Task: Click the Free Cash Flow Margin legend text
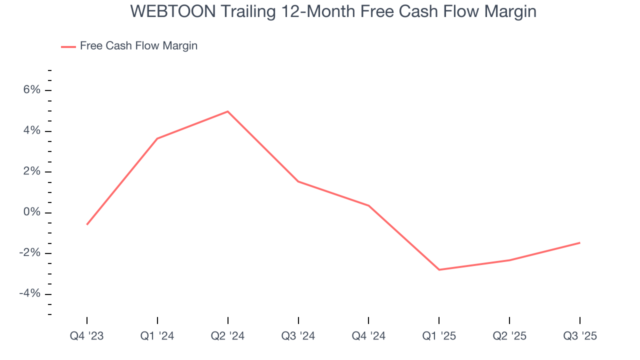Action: click(x=138, y=46)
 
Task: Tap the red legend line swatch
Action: click(x=68, y=46)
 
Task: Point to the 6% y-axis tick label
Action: click(x=31, y=90)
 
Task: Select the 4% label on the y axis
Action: click(x=31, y=131)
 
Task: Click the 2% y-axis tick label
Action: click(x=31, y=171)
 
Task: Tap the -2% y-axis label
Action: click(x=29, y=253)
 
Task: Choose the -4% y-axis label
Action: click(x=29, y=293)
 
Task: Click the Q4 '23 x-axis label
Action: click(x=87, y=336)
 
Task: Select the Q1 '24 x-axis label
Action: click(x=157, y=336)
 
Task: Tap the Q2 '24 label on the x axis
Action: click(x=228, y=336)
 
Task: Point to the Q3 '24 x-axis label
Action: click(x=298, y=336)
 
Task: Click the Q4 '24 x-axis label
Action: click(x=368, y=336)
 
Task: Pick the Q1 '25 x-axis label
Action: click(x=439, y=336)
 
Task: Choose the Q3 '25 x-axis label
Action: click(x=580, y=336)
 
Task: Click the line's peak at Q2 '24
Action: click(x=228, y=111)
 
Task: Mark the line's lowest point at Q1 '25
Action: click(x=439, y=270)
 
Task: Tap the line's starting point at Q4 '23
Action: click(x=87, y=224)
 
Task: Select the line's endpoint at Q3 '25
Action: click(x=580, y=243)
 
